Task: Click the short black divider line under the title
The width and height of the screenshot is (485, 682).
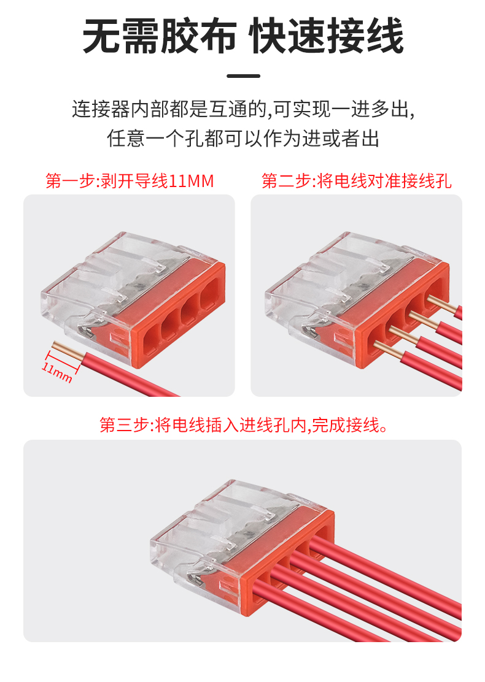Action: pos(243,75)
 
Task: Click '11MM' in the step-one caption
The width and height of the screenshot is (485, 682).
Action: pos(192,181)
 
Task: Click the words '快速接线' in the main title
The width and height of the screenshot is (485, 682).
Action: pos(327,36)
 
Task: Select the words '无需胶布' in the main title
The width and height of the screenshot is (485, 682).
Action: pos(160,36)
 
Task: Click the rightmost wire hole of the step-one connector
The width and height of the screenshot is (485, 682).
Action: pos(211,297)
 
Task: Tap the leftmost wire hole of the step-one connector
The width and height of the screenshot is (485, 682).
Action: pos(151,342)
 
